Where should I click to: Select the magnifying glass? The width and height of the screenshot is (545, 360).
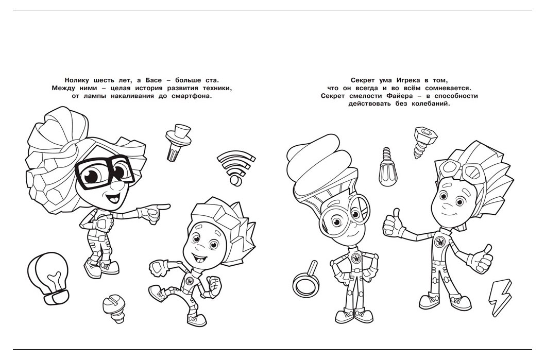tap(306, 280)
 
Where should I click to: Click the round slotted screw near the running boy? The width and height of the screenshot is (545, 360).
tap(114, 308)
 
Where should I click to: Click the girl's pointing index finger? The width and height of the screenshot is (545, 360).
tap(163, 207)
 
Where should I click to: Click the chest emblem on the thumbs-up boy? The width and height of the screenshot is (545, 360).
tap(439, 242)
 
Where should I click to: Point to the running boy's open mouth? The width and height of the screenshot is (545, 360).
tap(198, 258)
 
